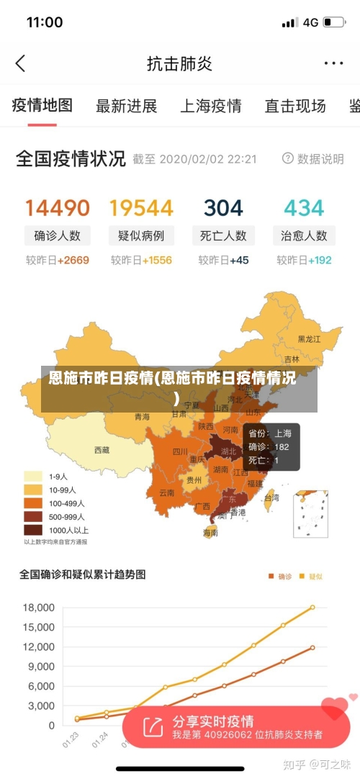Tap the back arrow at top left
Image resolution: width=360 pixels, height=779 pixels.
(20, 63)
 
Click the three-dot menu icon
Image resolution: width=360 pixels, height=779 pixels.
(333, 63)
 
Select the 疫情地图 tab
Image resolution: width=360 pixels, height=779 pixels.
(42, 106)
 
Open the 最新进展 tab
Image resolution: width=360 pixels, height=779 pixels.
(126, 107)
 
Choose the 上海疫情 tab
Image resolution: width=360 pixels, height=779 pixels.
(210, 107)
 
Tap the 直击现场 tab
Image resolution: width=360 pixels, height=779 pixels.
(294, 107)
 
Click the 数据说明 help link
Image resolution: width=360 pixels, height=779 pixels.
(313, 158)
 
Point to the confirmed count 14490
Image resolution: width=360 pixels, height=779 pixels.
(58, 208)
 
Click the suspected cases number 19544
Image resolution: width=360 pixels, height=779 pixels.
(141, 208)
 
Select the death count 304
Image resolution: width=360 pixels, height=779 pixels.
(223, 208)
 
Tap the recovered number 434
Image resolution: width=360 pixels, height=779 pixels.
(304, 208)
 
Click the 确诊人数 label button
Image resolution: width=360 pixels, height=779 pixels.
(58, 235)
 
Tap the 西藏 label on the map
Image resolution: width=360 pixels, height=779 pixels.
(102, 450)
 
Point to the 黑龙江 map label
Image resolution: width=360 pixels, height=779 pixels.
(311, 338)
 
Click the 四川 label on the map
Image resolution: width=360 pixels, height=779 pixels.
(180, 452)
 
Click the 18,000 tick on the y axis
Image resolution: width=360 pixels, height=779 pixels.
(40, 607)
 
